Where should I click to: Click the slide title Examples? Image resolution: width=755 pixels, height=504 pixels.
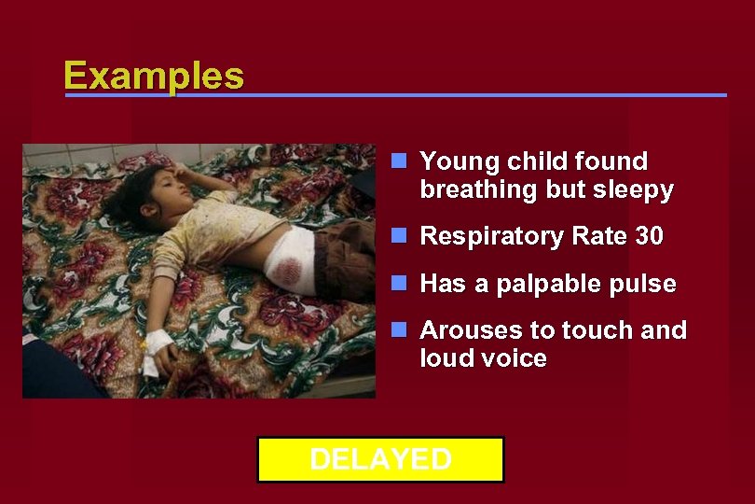(x=154, y=76)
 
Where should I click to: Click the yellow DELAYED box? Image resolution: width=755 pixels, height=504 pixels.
(x=380, y=459)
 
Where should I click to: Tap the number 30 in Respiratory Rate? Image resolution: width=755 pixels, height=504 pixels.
(x=649, y=237)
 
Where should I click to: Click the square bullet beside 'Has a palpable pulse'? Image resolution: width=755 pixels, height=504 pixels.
(x=399, y=282)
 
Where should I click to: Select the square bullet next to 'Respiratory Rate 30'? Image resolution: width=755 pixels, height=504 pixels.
(x=399, y=235)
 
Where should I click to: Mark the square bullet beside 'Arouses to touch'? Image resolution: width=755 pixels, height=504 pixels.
(x=399, y=329)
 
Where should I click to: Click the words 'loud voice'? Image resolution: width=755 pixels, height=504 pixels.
(x=483, y=358)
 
